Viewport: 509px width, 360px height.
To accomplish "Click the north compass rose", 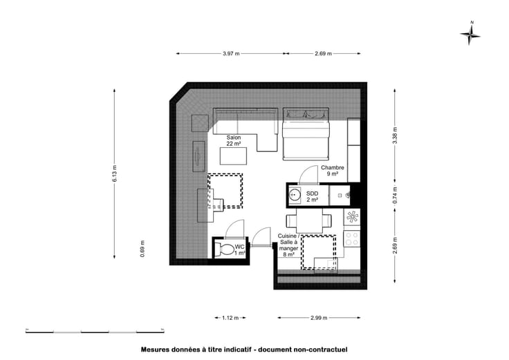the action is point(470,34).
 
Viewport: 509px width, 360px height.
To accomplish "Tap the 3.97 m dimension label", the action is point(231,54).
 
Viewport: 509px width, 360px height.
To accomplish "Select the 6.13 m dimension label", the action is point(115,173).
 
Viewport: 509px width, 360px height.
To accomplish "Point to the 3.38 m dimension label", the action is point(395,135).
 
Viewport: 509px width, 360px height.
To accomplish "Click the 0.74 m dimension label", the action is point(395,196).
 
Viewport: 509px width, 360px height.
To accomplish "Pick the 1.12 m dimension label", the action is point(230,318).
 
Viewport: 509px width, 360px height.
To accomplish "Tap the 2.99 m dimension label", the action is point(319,318).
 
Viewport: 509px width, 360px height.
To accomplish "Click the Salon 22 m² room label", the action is point(233,140).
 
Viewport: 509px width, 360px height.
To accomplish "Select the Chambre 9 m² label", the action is point(333,171).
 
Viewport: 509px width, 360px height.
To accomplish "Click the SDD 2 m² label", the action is point(313,196).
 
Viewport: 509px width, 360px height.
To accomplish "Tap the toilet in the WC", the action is point(225,249).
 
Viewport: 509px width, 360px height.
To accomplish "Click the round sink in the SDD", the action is point(295,195).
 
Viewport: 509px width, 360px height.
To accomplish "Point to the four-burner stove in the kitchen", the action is point(352,239).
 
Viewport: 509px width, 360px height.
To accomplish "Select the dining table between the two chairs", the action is point(309,221).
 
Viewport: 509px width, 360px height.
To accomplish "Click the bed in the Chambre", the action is point(306,134).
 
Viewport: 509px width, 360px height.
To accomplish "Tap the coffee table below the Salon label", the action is point(233,156).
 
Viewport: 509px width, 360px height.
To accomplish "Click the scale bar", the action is point(95,331).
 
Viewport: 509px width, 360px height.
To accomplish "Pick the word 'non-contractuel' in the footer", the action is point(320,350).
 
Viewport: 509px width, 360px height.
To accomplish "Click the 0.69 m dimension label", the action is point(142,249).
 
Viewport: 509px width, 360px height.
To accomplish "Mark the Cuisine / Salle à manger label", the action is point(288,245).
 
